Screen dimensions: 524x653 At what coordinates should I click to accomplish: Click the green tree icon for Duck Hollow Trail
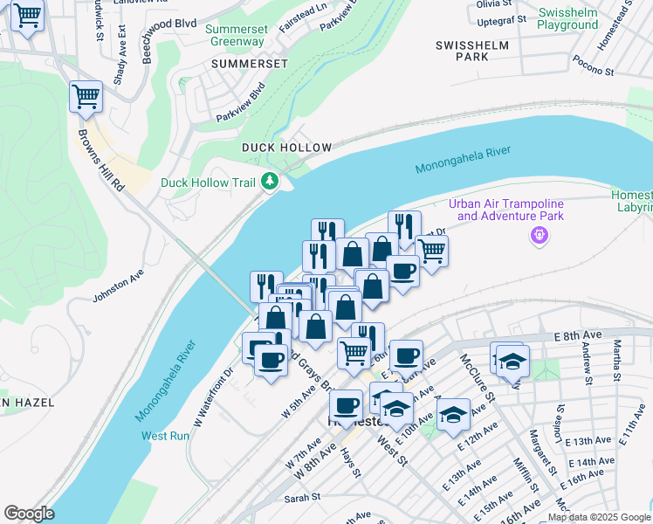point(271,182)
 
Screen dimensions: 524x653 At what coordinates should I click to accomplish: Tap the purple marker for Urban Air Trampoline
point(539,235)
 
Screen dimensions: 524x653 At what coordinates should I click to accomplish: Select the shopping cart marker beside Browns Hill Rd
point(86,96)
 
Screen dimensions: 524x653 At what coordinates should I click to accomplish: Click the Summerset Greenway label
point(234,34)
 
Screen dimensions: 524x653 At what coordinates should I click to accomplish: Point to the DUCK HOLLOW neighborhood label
point(286,148)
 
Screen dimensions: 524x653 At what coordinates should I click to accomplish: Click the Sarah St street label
point(304,497)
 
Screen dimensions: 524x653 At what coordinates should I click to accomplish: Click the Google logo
point(29,514)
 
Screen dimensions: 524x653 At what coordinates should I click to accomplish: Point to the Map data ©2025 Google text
point(599,517)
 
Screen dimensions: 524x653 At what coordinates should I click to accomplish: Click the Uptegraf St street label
point(501,18)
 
